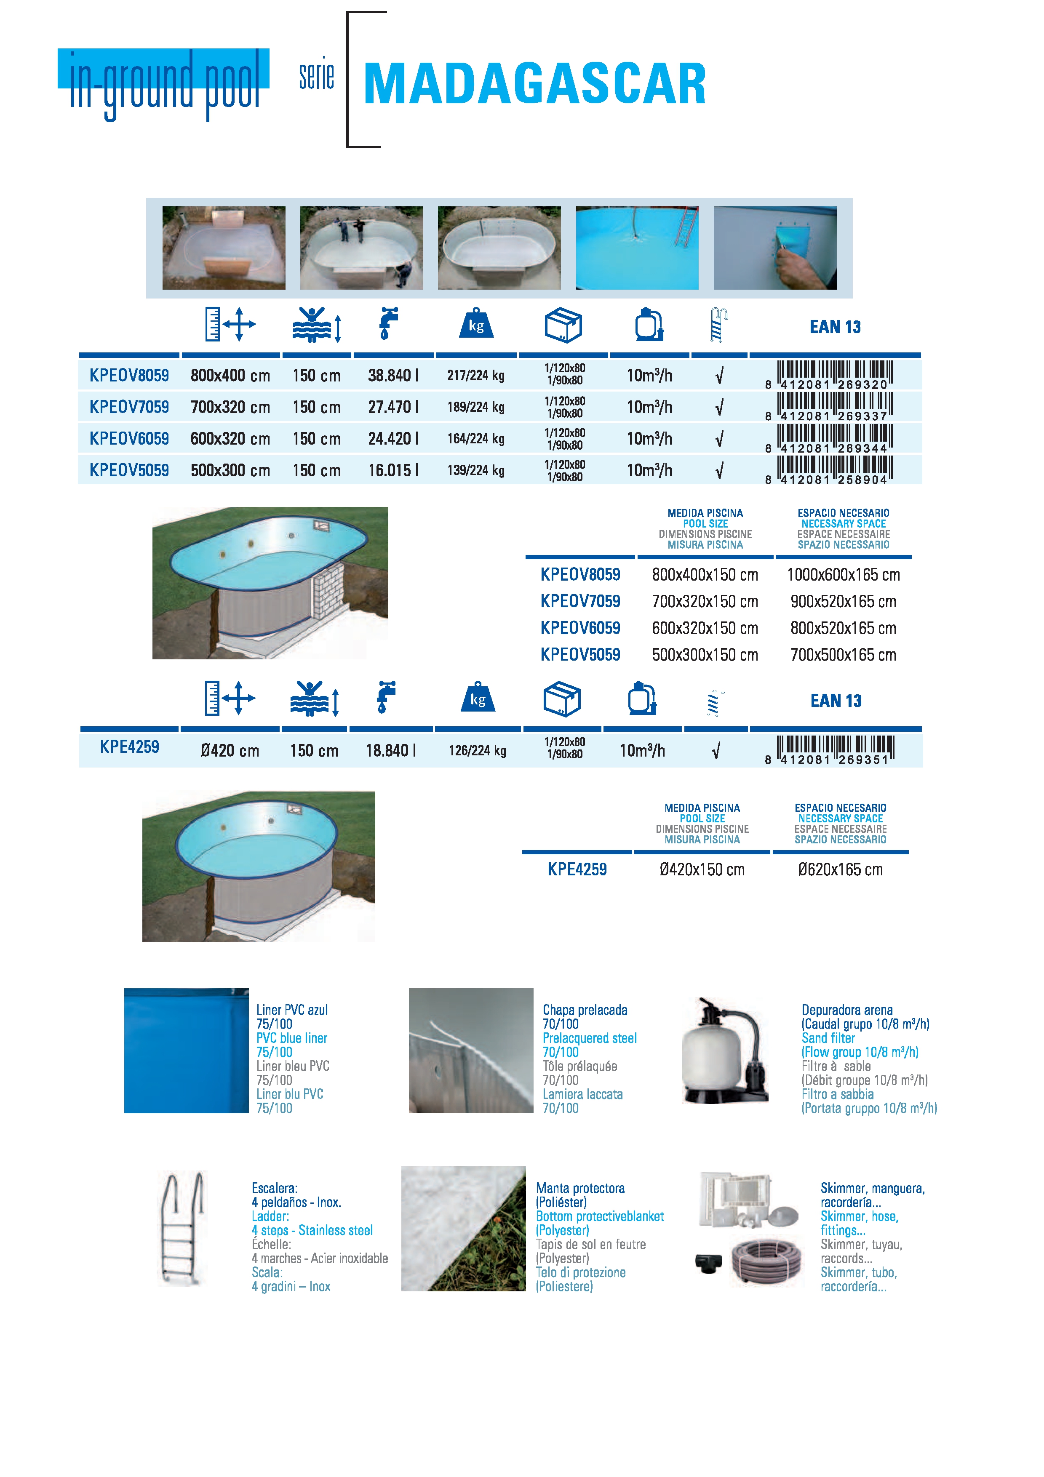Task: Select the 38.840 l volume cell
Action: click(x=393, y=375)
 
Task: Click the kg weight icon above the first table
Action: click(x=476, y=324)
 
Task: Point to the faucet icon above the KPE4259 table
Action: click(x=386, y=697)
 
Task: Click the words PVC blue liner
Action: click(x=291, y=1037)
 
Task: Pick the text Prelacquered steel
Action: click(x=589, y=1037)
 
